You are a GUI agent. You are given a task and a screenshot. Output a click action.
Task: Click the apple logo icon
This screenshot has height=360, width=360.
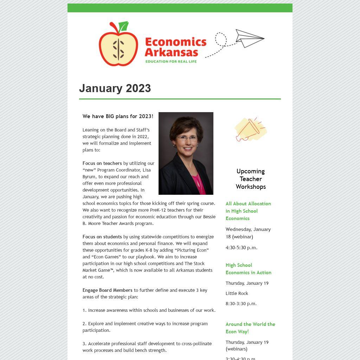tap(118, 45)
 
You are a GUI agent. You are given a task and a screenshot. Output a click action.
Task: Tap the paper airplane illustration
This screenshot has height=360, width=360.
tap(249, 38)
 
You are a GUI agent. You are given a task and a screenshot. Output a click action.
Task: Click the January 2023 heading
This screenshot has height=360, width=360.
tap(115, 88)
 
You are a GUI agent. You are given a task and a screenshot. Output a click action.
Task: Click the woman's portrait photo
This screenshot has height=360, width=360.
tap(186, 153)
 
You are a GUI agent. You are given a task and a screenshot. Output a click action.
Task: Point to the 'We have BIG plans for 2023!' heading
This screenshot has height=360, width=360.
tap(118, 116)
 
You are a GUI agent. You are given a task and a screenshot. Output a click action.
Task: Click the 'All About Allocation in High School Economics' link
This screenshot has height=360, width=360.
tap(248, 211)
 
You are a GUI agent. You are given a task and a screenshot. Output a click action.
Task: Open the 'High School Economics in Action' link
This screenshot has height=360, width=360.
tap(248, 269)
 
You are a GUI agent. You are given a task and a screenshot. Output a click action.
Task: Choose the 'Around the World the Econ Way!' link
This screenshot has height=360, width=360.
tap(250, 328)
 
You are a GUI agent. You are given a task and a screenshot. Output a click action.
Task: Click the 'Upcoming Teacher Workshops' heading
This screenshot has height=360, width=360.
tap(251, 179)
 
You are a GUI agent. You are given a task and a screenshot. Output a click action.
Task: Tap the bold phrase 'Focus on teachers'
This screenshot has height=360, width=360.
tap(102, 163)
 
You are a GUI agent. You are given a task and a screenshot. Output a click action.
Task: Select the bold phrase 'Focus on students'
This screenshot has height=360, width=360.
tap(102, 237)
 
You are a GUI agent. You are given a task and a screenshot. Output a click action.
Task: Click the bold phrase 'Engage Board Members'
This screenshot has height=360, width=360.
tap(108, 290)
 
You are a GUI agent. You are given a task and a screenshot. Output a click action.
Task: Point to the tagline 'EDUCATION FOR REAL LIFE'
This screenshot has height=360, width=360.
tap(171, 62)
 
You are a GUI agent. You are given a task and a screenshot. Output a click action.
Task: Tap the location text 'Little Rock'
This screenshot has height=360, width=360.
tap(237, 293)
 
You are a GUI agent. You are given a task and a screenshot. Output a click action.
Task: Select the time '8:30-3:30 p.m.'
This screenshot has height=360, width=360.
tap(241, 303)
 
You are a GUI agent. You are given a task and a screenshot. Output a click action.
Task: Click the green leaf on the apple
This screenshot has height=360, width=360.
tap(123, 27)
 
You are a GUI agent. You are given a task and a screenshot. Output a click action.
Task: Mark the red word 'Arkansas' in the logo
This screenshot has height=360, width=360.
tap(171, 52)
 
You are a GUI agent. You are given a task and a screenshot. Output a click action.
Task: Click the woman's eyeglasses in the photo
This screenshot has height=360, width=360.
tap(187, 138)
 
